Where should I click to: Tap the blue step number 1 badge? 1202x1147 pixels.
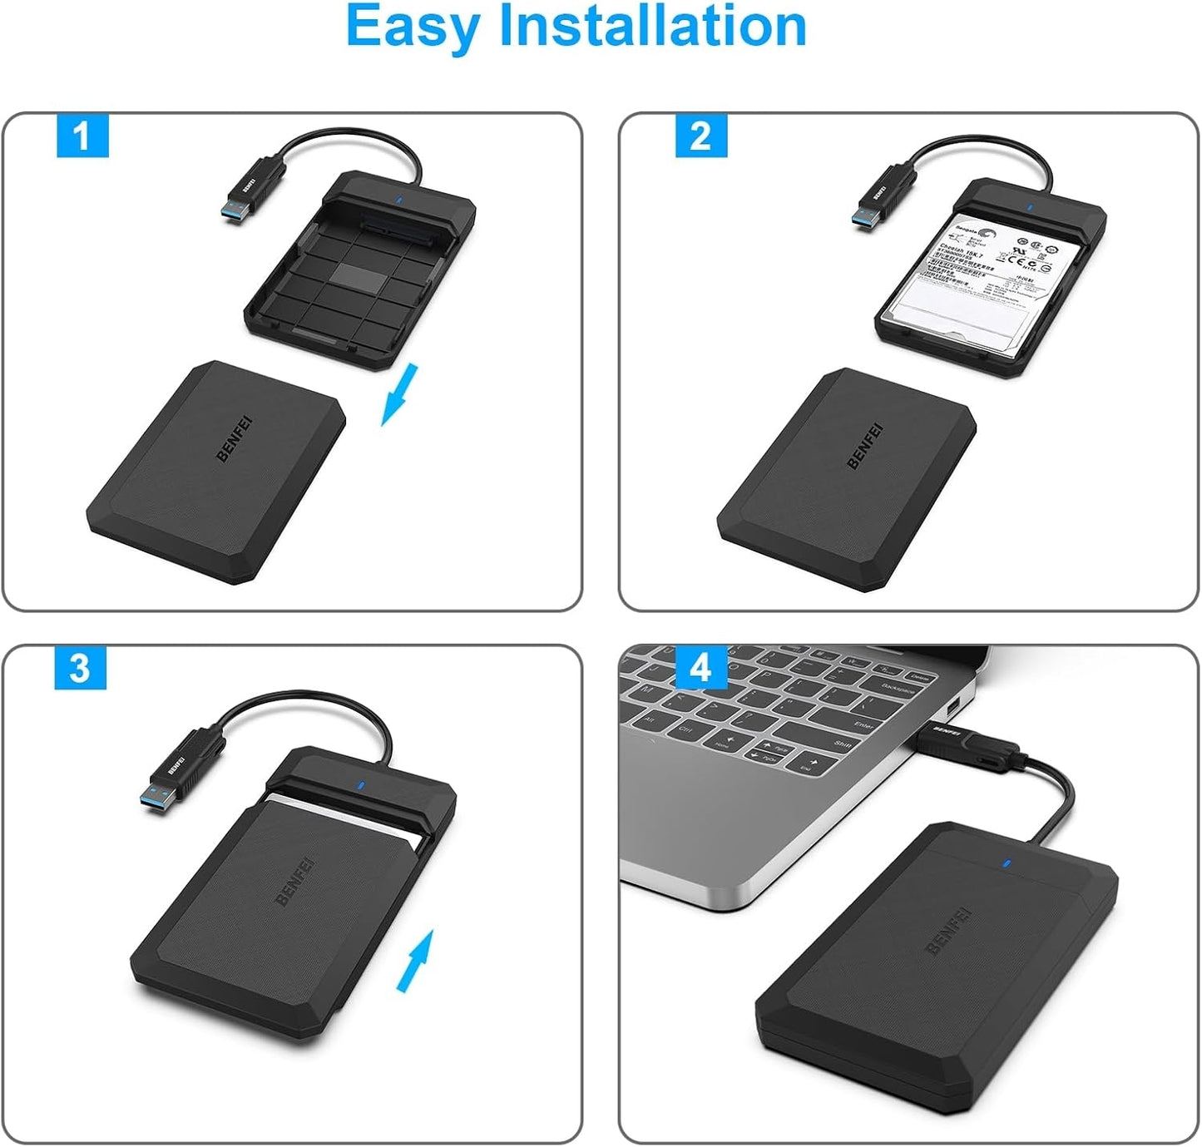click(82, 135)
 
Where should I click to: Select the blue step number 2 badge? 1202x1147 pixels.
click(700, 135)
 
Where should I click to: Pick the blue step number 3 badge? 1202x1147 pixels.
click(80, 667)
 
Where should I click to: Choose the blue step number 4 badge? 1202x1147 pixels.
click(701, 667)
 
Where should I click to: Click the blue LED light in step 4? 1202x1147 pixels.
click(1007, 863)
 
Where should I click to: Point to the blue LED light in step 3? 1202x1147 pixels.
click(359, 784)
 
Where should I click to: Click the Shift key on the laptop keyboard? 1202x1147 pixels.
click(842, 744)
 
